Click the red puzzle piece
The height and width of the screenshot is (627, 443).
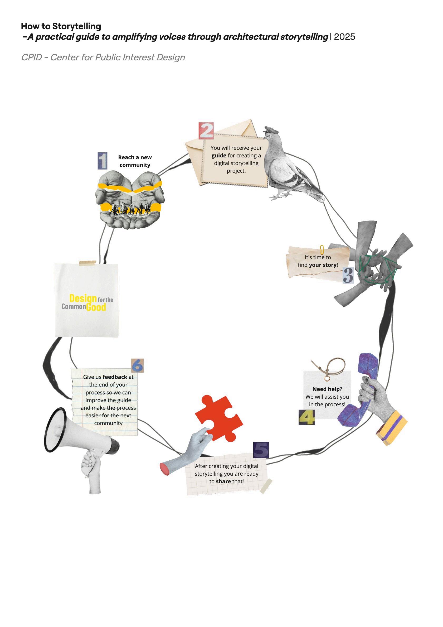coord(218,418)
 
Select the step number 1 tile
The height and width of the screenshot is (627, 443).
coord(102,161)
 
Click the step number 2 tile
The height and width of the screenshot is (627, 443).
coord(206,131)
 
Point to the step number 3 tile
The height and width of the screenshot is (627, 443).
coord(348,275)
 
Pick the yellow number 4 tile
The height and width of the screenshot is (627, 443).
coord(306,417)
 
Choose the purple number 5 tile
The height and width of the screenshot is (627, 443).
coord(261,450)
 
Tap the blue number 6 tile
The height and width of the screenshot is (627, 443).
coord(137,366)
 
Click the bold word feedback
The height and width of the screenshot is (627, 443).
coord(115,377)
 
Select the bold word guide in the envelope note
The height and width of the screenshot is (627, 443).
coord(219,156)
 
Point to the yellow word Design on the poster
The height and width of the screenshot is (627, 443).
coord(83,298)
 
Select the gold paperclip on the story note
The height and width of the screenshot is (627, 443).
coord(322,250)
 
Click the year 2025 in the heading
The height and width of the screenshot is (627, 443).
coord(344,37)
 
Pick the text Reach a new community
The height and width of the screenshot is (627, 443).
coord(135,161)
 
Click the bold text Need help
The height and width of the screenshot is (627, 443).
coord(326,389)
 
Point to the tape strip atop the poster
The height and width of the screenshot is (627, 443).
coord(87,263)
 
